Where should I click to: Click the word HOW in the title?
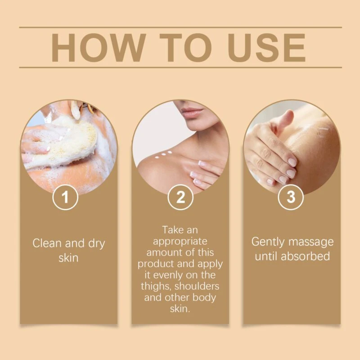pyautogui.click(x=99, y=48)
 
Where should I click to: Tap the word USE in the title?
pyautogui.click(x=266, y=48)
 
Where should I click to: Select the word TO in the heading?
pyautogui.click(x=185, y=48)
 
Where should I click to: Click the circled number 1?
pyautogui.click(x=65, y=197)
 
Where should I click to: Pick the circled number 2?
pyautogui.click(x=180, y=197)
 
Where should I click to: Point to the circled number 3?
pyautogui.click(x=291, y=197)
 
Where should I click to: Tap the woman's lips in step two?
pyautogui.click(x=192, y=112)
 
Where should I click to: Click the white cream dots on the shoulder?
pyautogui.click(x=163, y=155)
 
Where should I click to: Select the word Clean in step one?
pyautogui.click(x=47, y=243)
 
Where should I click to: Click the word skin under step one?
pyautogui.click(x=68, y=257)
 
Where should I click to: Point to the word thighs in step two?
pyautogui.click(x=156, y=286)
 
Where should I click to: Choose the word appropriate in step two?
pyautogui.click(x=180, y=242)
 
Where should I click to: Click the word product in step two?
pyautogui.click(x=156, y=264)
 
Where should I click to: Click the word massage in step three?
pyautogui.click(x=311, y=242)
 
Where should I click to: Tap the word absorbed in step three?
pyautogui.click(x=306, y=256)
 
